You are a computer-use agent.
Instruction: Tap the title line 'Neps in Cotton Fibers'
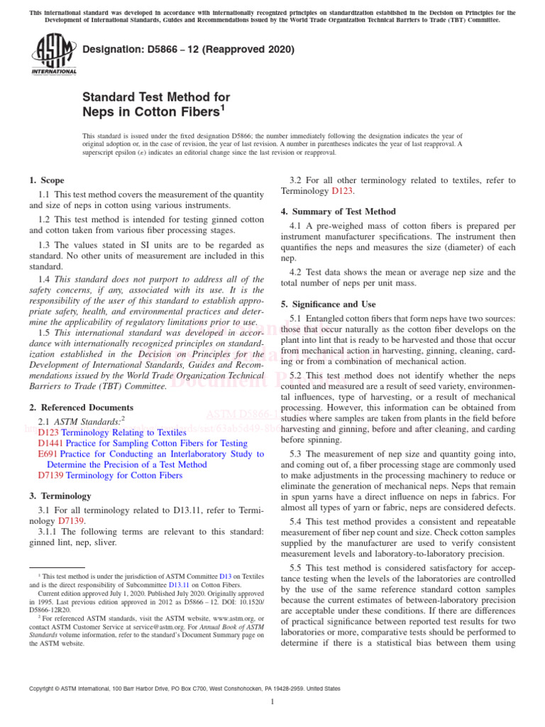coord(151,111)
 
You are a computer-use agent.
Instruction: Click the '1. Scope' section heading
coord(47,180)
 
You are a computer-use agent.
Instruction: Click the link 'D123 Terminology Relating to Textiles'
coord(111,432)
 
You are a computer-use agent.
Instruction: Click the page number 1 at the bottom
coord(272,702)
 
